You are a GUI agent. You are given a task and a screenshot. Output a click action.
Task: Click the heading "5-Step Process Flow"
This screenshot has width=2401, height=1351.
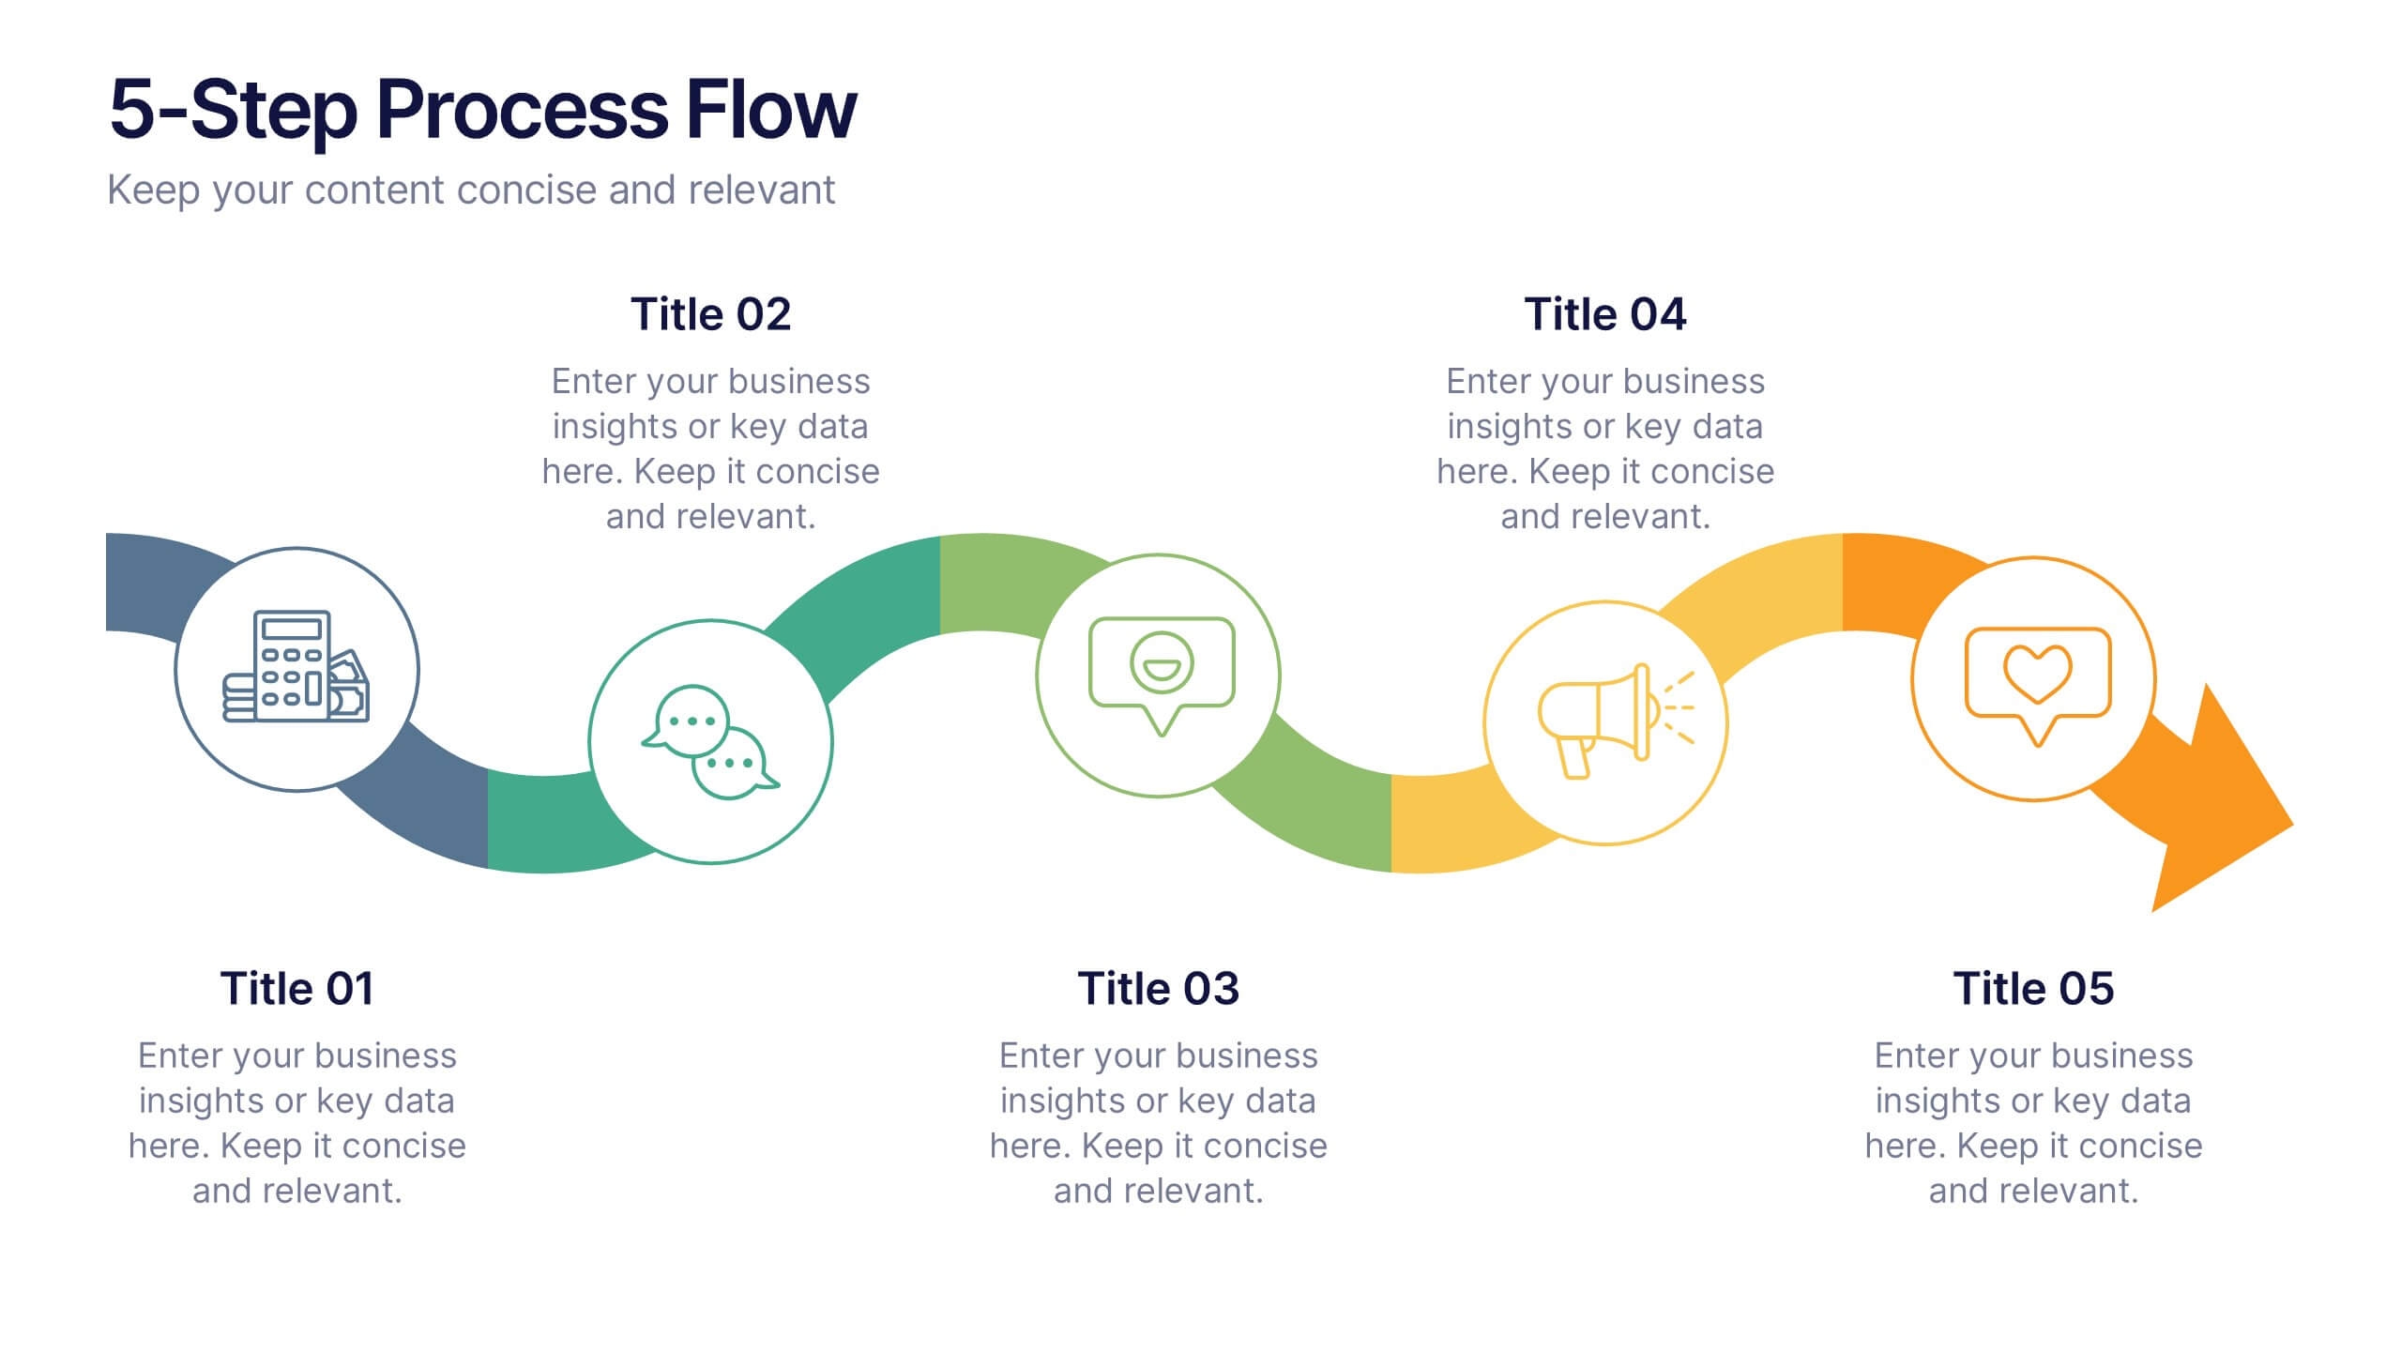pos(482,111)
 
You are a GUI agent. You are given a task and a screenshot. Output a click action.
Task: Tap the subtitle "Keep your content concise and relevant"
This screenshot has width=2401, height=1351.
pos(471,190)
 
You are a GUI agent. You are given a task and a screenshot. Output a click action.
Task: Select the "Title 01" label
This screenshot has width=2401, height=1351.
pos(296,989)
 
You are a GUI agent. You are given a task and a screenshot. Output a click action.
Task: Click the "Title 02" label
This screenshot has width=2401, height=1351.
pos(710,314)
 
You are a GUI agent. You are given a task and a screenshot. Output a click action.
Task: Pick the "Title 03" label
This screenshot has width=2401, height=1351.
pos(1158,989)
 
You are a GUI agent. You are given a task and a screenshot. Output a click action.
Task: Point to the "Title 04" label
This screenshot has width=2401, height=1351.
pos(1604,314)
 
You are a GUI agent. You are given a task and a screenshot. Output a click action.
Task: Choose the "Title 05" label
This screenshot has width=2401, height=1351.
pos(2033,989)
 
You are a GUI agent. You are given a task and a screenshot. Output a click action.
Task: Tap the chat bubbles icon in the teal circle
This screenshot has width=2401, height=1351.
pos(710,742)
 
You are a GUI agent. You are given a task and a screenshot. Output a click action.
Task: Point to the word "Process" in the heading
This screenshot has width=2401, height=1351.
pos(522,111)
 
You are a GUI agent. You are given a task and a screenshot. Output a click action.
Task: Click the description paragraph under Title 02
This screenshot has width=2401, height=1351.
pos(710,448)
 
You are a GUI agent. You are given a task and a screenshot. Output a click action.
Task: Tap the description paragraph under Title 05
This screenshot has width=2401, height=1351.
pos(2033,1123)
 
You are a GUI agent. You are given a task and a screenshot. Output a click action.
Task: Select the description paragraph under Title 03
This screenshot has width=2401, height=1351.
pos(1158,1123)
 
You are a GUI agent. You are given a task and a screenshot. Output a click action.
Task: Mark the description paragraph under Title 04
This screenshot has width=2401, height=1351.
pos(1604,448)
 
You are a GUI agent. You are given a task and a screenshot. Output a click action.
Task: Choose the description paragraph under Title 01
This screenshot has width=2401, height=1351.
pos(296,1123)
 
